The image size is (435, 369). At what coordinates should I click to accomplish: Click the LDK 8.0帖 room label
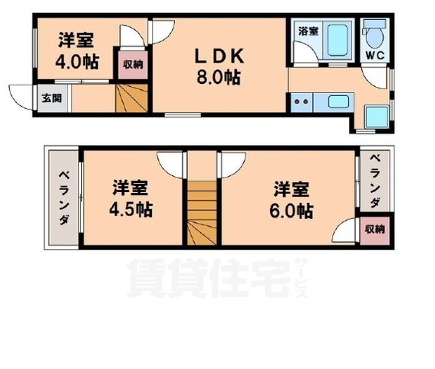point(219,66)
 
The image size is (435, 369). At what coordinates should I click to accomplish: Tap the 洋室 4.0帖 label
point(77,52)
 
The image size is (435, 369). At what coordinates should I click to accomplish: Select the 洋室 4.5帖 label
point(130,199)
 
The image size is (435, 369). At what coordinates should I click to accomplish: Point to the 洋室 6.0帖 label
point(292,200)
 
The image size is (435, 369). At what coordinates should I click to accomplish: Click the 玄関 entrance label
point(52,98)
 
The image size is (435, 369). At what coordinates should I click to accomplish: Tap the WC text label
point(375,55)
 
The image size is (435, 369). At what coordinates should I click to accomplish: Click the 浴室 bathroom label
point(308,31)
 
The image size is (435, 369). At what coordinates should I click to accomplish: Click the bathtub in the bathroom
point(337,40)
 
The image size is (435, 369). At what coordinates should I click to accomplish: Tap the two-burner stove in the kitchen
point(302,102)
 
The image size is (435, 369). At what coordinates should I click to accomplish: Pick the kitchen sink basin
point(338,101)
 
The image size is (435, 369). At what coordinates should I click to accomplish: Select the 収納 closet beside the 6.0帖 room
point(375,229)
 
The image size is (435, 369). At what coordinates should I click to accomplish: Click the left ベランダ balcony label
point(64,198)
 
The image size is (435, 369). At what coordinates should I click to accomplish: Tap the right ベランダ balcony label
point(375,182)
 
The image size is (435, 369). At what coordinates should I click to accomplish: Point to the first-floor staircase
point(131,98)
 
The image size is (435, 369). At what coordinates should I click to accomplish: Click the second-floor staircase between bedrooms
point(202,213)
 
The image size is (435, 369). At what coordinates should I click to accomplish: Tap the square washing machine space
point(376,117)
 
